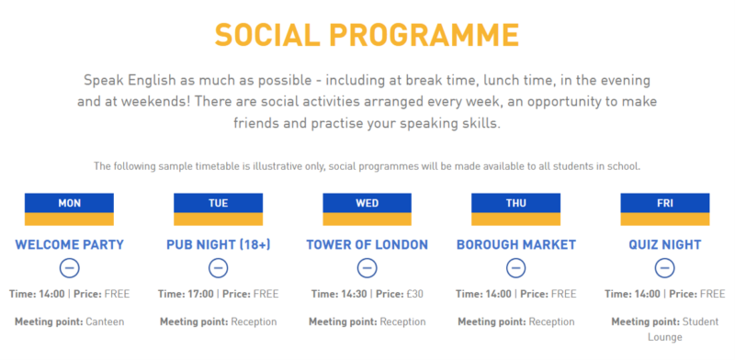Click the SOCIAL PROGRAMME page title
click(x=367, y=35)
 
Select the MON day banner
click(x=70, y=209)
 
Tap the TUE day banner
click(x=218, y=209)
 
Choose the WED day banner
click(x=367, y=209)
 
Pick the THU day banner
click(x=515, y=209)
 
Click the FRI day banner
click(x=664, y=209)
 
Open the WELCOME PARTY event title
click(x=70, y=244)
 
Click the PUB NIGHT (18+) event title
click(x=219, y=244)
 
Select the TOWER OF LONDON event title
click(x=367, y=244)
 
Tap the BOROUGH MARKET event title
click(x=516, y=244)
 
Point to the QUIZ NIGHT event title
click(x=664, y=244)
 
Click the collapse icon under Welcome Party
click(x=70, y=268)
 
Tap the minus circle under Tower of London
click(x=367, y=268)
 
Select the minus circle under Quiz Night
click(x=664, y=268)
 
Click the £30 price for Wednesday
click(x=414, y=295)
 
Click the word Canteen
click(x=105, y=322)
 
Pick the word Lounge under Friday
click(x=664, y=338)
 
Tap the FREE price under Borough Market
click(x=563, y=295)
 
